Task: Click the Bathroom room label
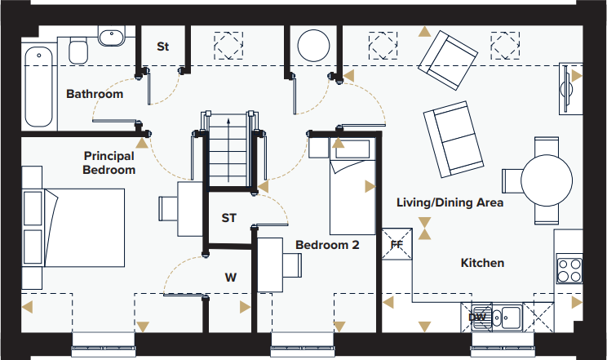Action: (95, 94)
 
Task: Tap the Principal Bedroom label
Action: (109, 162)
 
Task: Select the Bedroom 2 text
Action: (327, 244)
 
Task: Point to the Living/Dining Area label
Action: (450, 202)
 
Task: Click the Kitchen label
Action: (482, 263)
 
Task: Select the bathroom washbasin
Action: (111, 36)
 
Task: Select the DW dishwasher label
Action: (478, 317)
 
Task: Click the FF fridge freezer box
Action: (397, 243)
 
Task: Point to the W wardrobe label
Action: (231, 278)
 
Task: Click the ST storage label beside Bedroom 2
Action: (229, 218)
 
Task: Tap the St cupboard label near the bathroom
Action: (163, 47)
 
